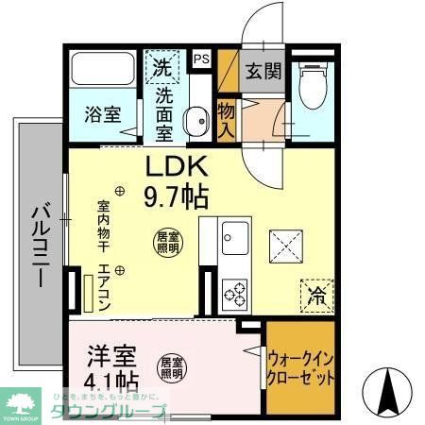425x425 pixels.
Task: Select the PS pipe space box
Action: click(x=201, y=59)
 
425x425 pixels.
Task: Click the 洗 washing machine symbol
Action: click(x=161, y=67)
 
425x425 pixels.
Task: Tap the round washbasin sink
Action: click(x=196, y=120)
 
